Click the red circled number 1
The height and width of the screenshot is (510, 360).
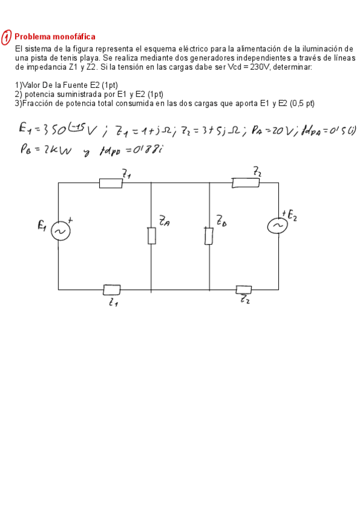click(x=7, y=37)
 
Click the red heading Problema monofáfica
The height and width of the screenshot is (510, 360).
click(x=55, y=37)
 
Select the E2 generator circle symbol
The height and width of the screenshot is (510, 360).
click(x=278, y=224)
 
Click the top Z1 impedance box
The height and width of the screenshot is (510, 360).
click(x=111, y=183)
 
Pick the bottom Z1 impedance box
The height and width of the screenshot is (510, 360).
click(x=112, y=290)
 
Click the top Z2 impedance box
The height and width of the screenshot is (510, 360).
click(x=246, y=183)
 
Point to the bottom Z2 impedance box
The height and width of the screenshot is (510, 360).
click(x=244, y=289)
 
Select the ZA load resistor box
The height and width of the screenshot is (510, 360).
click(x=152, y=236)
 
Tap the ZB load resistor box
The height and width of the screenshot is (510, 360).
click(x=209, y=236)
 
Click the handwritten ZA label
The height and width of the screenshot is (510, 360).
click(x=164, y=222)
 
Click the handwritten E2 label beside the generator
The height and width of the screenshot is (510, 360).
click(x=292, y=215)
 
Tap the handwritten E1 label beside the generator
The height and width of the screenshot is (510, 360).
click(x=42, y=226)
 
